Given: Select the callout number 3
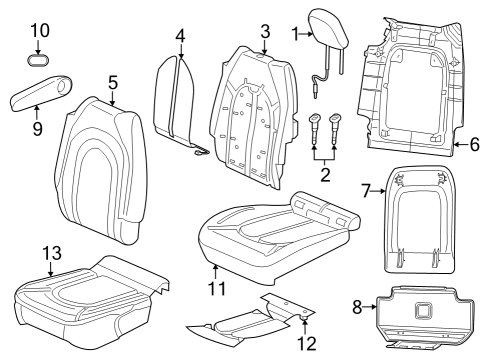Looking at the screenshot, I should point(264,30).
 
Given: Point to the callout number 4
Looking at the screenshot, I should point(180,37).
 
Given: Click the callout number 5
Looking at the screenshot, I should point(113,83).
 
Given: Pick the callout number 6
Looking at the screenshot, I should point(474,146).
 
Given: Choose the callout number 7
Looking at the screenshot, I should point(365,190).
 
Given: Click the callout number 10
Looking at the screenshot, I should point(39,30).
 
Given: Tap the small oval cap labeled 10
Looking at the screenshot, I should point(39,59).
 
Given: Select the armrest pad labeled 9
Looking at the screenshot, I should point(40,97).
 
